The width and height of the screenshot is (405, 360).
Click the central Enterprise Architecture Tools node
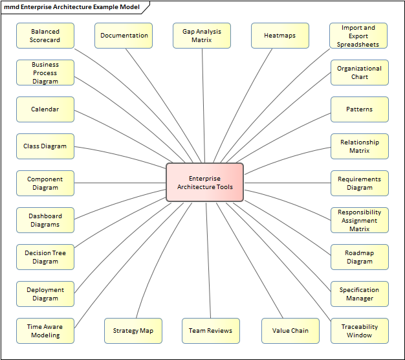[204, 183]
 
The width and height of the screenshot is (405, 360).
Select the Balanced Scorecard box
[45, 36]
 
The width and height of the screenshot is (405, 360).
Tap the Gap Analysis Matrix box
[202, 36]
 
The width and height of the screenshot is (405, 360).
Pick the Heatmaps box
[280, 36]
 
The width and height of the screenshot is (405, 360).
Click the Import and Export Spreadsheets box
[359, 36]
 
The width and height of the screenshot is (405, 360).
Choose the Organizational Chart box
[359, 73]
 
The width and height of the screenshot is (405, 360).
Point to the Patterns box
[359, 109]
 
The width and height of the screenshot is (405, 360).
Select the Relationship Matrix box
[359, 146]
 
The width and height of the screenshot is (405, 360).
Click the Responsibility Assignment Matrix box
[359, 220]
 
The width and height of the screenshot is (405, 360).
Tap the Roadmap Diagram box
[359, 257]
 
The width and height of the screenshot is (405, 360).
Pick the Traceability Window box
[359, 331]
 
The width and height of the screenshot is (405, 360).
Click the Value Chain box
[290, 331]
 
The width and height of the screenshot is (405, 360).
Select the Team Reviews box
[210, 331]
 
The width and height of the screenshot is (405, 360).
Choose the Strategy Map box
[133, 331]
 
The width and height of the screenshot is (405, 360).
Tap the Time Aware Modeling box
[45, 331]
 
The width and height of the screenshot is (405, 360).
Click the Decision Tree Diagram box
[45, 257]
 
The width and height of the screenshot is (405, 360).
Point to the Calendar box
[45, 109]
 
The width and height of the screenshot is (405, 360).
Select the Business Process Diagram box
[45, 73]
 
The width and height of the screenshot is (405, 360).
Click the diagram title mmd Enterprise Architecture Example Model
[72, 6]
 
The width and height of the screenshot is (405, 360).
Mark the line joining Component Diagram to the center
[120, 183]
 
